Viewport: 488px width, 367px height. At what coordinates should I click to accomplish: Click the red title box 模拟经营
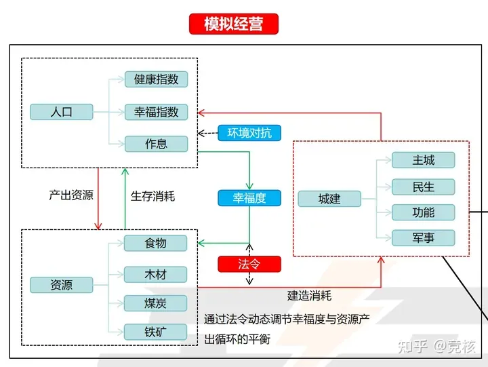point(233,24)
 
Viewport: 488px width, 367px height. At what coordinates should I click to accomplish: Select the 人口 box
point(62,112)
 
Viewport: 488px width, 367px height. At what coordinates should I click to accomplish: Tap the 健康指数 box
point(156,79)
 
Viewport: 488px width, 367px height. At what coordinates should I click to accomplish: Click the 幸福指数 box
point(156,112)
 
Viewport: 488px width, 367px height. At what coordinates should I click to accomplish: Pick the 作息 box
point(156,144)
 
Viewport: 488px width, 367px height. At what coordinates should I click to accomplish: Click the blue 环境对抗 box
point(249,133)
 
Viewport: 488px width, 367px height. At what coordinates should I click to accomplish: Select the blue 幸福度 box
point(249,198)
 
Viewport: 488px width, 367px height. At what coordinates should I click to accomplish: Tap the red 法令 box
point(249,264)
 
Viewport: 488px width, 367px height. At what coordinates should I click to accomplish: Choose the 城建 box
point(329,199)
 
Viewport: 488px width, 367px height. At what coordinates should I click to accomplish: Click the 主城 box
point(423,161)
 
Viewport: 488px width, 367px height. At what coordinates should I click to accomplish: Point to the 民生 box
point(423,187)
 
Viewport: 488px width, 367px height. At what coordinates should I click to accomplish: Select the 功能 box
point(423,212)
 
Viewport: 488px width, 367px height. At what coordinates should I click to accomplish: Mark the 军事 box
point(423,238)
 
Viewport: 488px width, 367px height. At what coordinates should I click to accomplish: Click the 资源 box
point(62,285)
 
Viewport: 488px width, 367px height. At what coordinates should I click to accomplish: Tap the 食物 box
point(155,243)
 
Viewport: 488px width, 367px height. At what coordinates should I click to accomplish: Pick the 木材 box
point(155,274)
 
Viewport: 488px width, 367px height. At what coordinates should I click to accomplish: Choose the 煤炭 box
point(155,303)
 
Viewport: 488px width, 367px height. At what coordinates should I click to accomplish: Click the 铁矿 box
point(155,332)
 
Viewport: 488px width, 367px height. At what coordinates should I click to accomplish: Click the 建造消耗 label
point(310,296)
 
